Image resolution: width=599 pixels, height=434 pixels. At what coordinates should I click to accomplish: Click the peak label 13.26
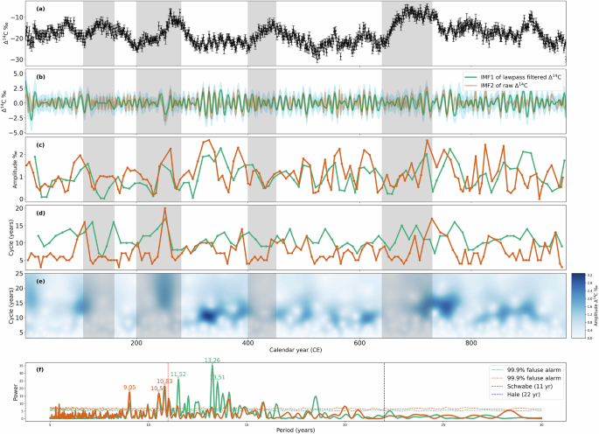pos(212,360)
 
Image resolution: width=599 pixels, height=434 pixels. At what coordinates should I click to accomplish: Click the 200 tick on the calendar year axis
pos(136,344)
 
